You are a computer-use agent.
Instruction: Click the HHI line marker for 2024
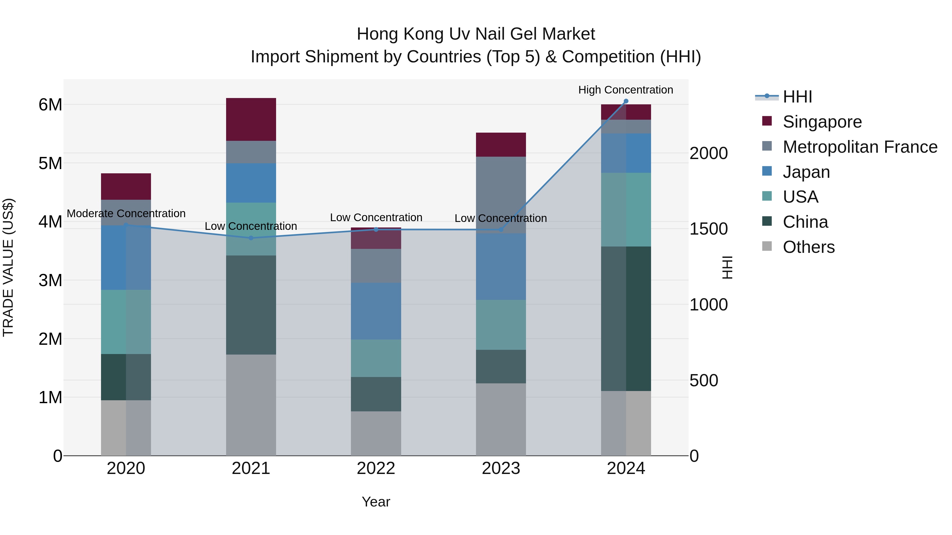click(626, 101)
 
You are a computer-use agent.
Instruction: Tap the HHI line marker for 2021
click(251, 238)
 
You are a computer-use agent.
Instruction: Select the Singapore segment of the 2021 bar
click(251, 119)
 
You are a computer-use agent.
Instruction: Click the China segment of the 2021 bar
click(251, 305)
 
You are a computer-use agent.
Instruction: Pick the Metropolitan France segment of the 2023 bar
click(501, 195)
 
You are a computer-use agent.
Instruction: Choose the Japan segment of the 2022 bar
click(376, 311)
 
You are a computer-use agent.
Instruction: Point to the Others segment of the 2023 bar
click(501, 420)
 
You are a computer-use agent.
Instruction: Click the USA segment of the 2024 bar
click(626, 209)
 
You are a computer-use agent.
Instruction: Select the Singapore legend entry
click(822, 122)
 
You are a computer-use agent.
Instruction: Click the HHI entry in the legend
click(797, 97)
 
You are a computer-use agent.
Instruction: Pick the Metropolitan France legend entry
click(860, 147)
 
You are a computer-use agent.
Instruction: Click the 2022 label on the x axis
click(376, 468)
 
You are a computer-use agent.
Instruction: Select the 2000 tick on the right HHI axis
click(708, 153)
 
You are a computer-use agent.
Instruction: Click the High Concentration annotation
click(625, 90)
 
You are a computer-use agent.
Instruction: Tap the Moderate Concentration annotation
click(126, 213)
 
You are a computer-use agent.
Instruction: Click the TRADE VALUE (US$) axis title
click(8, 267)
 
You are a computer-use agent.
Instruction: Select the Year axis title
click(376, 502)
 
